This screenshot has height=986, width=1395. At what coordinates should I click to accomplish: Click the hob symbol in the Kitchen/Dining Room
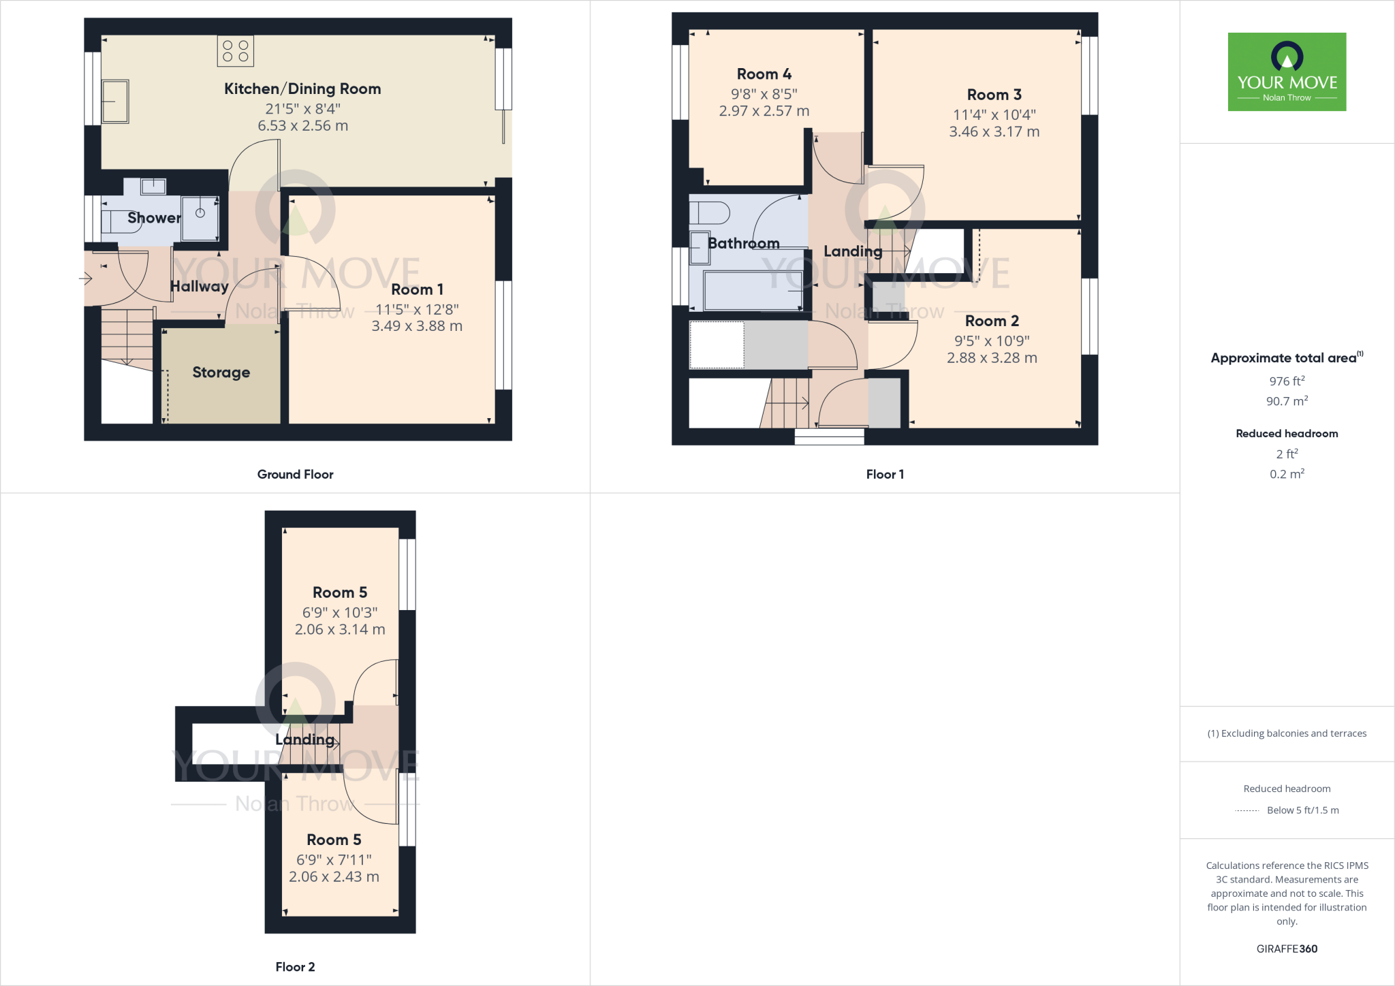(x=236, y=51)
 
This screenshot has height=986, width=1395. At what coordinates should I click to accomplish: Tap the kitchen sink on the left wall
(x=115, y=101)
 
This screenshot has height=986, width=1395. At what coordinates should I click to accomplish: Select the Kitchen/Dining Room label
(x=302, y=89)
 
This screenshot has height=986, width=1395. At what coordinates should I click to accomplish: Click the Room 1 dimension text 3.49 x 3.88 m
(x=417, y=326)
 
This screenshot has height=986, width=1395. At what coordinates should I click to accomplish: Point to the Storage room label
(x=221, y=372)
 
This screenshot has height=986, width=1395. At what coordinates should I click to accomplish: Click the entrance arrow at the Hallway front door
(x=86, y=278)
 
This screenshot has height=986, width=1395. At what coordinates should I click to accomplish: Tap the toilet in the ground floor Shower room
(x=119, y=222)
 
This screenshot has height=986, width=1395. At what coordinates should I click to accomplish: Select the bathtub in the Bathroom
(x=753, y=291)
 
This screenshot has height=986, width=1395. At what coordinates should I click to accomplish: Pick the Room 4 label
(x=764, y=74)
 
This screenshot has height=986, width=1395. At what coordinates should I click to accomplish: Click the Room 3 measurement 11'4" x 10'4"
(x=994, y=114)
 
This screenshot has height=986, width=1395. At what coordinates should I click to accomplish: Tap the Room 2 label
(x=992, y=321)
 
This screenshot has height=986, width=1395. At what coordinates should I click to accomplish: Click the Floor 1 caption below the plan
(x=885, y=475)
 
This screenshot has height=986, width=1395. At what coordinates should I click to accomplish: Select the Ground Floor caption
(x=295, y=475)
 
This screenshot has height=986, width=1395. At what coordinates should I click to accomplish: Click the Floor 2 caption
(x=295, y=967)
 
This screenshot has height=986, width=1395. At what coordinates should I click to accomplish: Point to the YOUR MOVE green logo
(x=1287, y=71)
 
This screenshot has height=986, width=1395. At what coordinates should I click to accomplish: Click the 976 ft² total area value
(x=1287, y=381)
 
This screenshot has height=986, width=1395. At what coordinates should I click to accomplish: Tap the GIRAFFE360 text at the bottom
(x=1287, y=949)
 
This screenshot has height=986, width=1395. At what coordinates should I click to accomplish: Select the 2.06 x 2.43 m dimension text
(x=334, y=877)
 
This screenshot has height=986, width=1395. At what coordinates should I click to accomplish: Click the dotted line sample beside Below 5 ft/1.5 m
(x=1247, y=811)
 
